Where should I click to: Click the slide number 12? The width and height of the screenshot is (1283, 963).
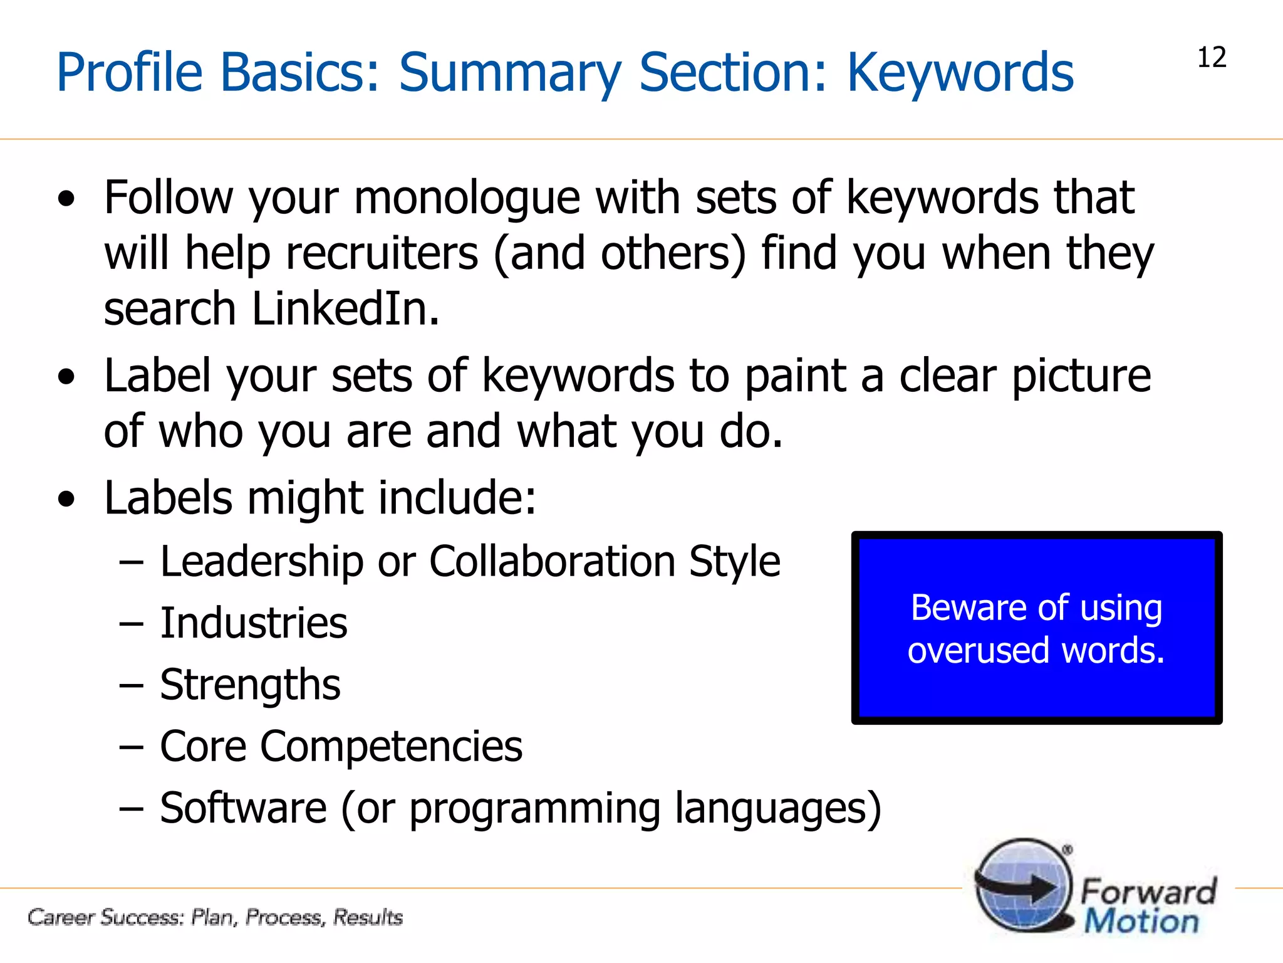pos(1212,58)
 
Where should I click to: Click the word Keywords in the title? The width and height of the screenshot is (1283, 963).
pos(960,73)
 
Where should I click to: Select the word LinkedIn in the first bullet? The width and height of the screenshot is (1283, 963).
pos(346,309)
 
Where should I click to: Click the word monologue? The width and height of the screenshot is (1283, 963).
pos(467,198)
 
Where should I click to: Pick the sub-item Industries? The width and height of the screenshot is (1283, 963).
pos(254,623)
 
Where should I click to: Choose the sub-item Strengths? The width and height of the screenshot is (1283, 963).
pos(250,685)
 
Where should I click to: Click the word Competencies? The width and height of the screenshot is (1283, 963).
pos(392,746)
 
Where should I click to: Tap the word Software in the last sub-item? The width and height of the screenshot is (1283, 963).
pos(243,808)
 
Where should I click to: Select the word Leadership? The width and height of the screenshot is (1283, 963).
pos(262,561)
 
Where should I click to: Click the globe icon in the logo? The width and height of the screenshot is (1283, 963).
pos(1023,885)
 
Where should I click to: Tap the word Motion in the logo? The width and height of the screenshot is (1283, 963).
pos(1141,922)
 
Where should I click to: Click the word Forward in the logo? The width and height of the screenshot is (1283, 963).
pos(1148,890)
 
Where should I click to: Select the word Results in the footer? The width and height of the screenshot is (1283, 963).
pos(368,917)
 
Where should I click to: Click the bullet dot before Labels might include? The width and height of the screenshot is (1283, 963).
pos(66,500)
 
